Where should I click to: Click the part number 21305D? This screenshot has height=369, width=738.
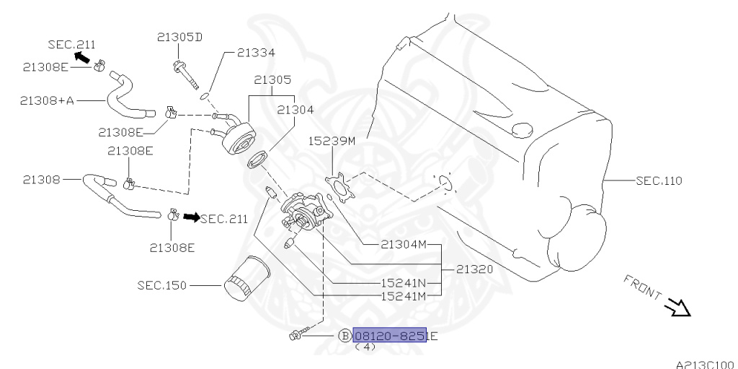[180, 36]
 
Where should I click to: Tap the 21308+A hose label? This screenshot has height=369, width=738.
[48, 100]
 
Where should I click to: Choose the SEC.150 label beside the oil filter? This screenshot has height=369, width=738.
[162, 285]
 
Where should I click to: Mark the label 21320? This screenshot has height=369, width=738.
[474, 269]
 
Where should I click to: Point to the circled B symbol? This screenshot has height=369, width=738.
[344, 336]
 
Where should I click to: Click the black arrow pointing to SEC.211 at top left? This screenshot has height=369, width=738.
[84, 56]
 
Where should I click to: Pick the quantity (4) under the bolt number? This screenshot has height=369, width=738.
[365, 347]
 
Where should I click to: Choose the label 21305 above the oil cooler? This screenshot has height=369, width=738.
[270, 81]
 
